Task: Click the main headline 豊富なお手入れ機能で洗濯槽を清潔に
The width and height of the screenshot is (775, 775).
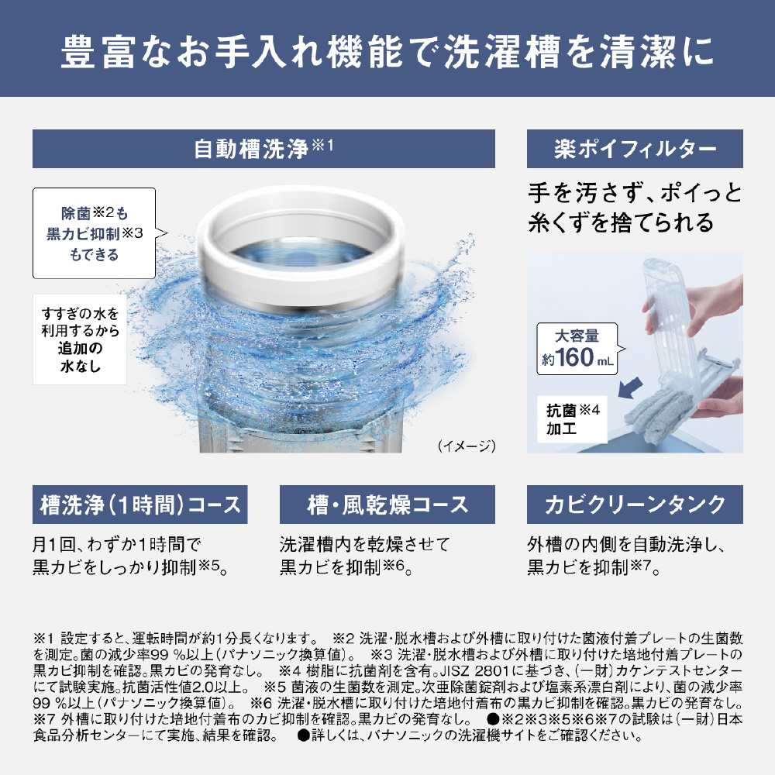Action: (x=387, y=51)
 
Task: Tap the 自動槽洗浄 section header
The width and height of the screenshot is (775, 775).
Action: (x=263, y=149)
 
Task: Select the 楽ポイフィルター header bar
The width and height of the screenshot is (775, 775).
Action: (x=635, y=149)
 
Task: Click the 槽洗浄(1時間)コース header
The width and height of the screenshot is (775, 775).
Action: (x=139, y=505)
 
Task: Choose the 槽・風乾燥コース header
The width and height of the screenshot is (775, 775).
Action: (x=387, y=505)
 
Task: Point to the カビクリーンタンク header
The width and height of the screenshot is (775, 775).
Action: (x=635, y=505)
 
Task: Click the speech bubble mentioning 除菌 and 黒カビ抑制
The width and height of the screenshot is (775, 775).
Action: (x=95, y=233)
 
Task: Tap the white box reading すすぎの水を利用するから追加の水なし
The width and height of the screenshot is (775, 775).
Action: (x=80, y=339)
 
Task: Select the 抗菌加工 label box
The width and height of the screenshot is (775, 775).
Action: (x=572, y=418)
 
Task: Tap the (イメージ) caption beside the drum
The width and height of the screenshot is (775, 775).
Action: (x=466, y=446)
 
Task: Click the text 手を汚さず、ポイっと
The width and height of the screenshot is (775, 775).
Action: (x=635, y=192)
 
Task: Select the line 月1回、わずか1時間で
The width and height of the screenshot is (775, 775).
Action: (x=117, y=544)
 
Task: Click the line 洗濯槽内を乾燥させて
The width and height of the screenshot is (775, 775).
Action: (x=365, y=544)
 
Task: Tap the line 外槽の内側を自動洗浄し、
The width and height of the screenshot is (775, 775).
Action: (x=626, y=544)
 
